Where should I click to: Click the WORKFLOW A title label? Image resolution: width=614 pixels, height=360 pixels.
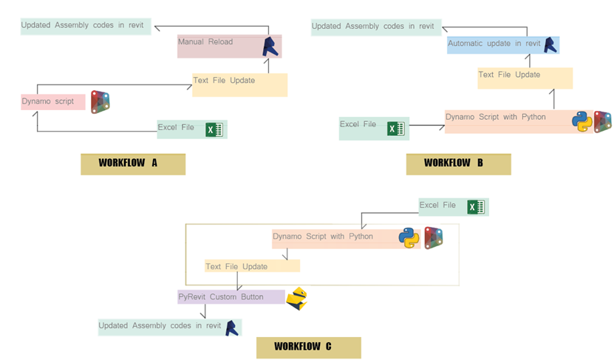point(132,163)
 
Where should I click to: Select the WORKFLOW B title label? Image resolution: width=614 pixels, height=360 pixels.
point(458,163)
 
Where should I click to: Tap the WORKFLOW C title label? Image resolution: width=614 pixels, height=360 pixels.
point(308,347)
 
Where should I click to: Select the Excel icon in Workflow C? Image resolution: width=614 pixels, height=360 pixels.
point(475,207)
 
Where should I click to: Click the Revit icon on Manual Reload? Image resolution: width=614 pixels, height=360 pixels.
point(272,47)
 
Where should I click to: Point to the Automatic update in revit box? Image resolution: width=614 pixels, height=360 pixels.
point(502,44)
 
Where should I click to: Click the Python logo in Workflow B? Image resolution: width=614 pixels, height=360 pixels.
point(582,121)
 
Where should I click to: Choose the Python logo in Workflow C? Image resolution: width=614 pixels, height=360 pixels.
point(409,237)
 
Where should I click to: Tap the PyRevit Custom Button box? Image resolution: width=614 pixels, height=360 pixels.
point(231,297)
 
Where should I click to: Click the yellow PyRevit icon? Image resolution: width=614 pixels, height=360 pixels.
point(297,298)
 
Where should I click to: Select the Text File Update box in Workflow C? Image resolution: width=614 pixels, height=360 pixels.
point(252,266)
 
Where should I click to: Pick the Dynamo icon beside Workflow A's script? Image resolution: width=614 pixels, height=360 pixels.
point(100,102)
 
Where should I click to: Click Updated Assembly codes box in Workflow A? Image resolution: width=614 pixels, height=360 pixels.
point(86,26)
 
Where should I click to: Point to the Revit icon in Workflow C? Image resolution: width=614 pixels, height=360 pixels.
point(232,327)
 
